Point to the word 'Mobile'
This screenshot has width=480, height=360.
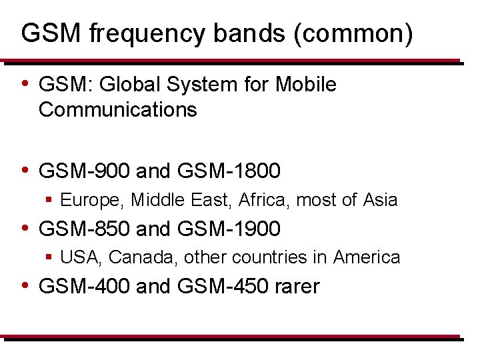306,85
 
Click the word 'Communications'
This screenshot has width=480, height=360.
118,109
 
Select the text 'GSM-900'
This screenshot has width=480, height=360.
85,172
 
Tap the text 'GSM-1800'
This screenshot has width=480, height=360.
229,172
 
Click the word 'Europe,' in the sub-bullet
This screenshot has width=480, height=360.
93,200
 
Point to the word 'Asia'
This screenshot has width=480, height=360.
380,200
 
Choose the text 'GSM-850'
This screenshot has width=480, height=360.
85,229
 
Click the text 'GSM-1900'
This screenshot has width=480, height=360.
229,229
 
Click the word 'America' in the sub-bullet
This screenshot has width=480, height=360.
367,257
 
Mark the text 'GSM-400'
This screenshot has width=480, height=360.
85,287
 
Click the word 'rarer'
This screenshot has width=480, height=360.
297,287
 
